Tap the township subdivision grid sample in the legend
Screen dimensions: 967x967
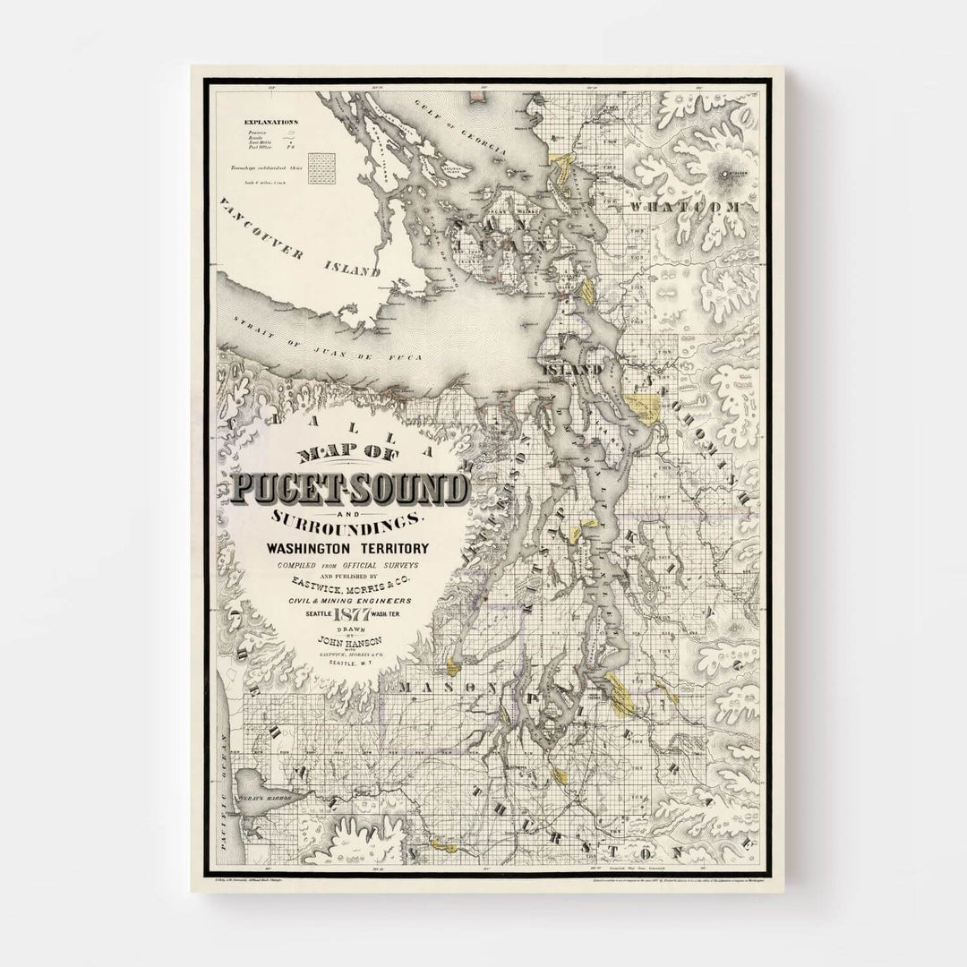point(319,167)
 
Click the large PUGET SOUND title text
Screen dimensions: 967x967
point(349,489)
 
